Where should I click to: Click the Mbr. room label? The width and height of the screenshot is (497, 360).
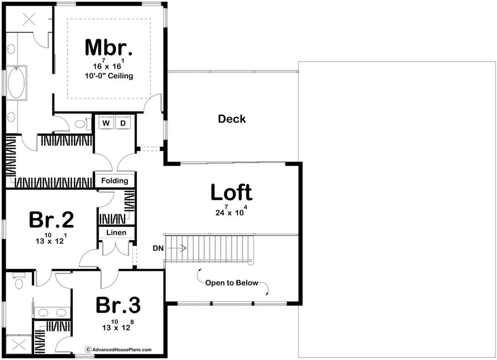pos(109,47)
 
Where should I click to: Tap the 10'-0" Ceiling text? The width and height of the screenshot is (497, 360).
pos(109,76)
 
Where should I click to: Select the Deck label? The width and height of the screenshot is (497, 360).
pos(232,119)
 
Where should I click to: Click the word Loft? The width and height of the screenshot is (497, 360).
pos(231,193)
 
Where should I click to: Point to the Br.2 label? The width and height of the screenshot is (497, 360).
pos(51,220)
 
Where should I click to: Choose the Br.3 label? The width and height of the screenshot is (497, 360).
pos(118,306)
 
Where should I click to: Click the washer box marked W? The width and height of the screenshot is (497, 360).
pos(106,123)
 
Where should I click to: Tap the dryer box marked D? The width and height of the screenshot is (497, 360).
pos(123,123)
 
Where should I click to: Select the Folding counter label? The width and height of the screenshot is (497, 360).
pos(115,180)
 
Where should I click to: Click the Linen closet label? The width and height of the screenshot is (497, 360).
pos(116,232)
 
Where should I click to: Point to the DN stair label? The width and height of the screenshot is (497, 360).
pos(158,248)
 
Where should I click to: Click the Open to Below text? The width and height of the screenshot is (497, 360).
pos(232,283)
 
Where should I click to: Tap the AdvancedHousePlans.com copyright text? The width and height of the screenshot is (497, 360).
pos(118,349)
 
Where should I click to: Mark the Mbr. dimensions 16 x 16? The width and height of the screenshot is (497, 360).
pos(109,65)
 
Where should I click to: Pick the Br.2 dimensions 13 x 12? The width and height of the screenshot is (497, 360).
pos(51,240)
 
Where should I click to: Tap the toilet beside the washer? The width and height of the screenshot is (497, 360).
pos(81,124)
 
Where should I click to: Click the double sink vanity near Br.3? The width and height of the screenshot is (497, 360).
pos(51,312)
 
